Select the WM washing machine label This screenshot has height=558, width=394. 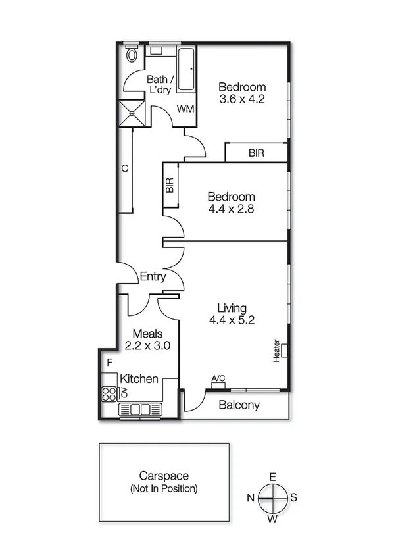click(x=185, y=108)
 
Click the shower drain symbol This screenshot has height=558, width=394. click(x=132, y=113)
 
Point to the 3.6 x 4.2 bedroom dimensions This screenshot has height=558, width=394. click(x=242, y=100)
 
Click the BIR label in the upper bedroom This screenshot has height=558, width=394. click(x=257, y=153)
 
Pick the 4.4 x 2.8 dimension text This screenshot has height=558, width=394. click(x=231, y=209)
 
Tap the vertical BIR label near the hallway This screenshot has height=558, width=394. click(x=170, y=186)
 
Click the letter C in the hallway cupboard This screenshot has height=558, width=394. click(x=124, y=168)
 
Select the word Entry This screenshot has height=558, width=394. click(x=153, y=277)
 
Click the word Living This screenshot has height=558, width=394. click(x=232, y=308)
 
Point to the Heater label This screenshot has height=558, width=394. click(x=278, y=350)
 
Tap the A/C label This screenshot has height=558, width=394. click(x=218, y=378)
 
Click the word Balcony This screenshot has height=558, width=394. click(x=239, y=405)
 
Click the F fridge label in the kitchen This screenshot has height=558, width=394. click(x=110, y=363)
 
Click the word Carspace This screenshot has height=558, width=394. click(x=164, y=476)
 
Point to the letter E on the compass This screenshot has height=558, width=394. click(x=272, y=478)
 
